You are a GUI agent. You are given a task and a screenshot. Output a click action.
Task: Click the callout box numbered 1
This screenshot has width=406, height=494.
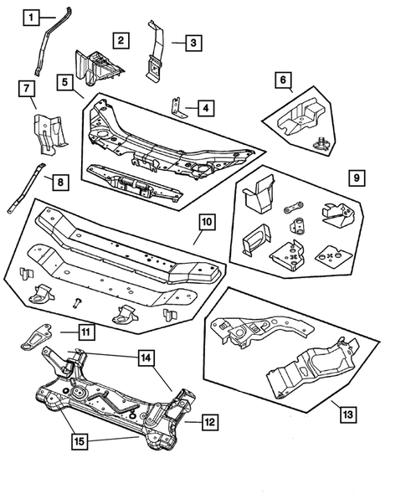(x=31, y=16)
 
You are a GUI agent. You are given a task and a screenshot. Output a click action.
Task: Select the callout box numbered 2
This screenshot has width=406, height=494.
(x=121, y=39)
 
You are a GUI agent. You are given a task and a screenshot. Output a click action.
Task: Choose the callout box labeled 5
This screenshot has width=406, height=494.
(x=65, y=81)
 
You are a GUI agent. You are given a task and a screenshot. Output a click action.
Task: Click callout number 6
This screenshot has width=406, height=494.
(x=285, y=80)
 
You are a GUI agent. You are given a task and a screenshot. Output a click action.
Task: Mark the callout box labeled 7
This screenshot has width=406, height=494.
(x=26, y=88)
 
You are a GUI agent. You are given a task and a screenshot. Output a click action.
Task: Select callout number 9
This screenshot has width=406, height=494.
(x=356, y=178)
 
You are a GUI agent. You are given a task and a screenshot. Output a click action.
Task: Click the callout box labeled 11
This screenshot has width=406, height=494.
(x=85, y=332)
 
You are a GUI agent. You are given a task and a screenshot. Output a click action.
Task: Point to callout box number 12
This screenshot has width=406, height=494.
(x=210, y=423)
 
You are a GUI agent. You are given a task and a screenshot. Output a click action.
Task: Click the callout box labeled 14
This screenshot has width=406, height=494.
(x=145, y=358)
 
